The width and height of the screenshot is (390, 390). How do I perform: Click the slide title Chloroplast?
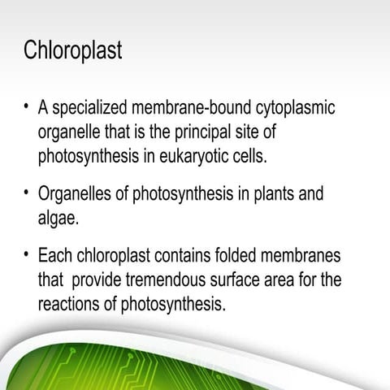(x=73, y=51)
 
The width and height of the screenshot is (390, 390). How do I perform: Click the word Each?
(x=54, y=257)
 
